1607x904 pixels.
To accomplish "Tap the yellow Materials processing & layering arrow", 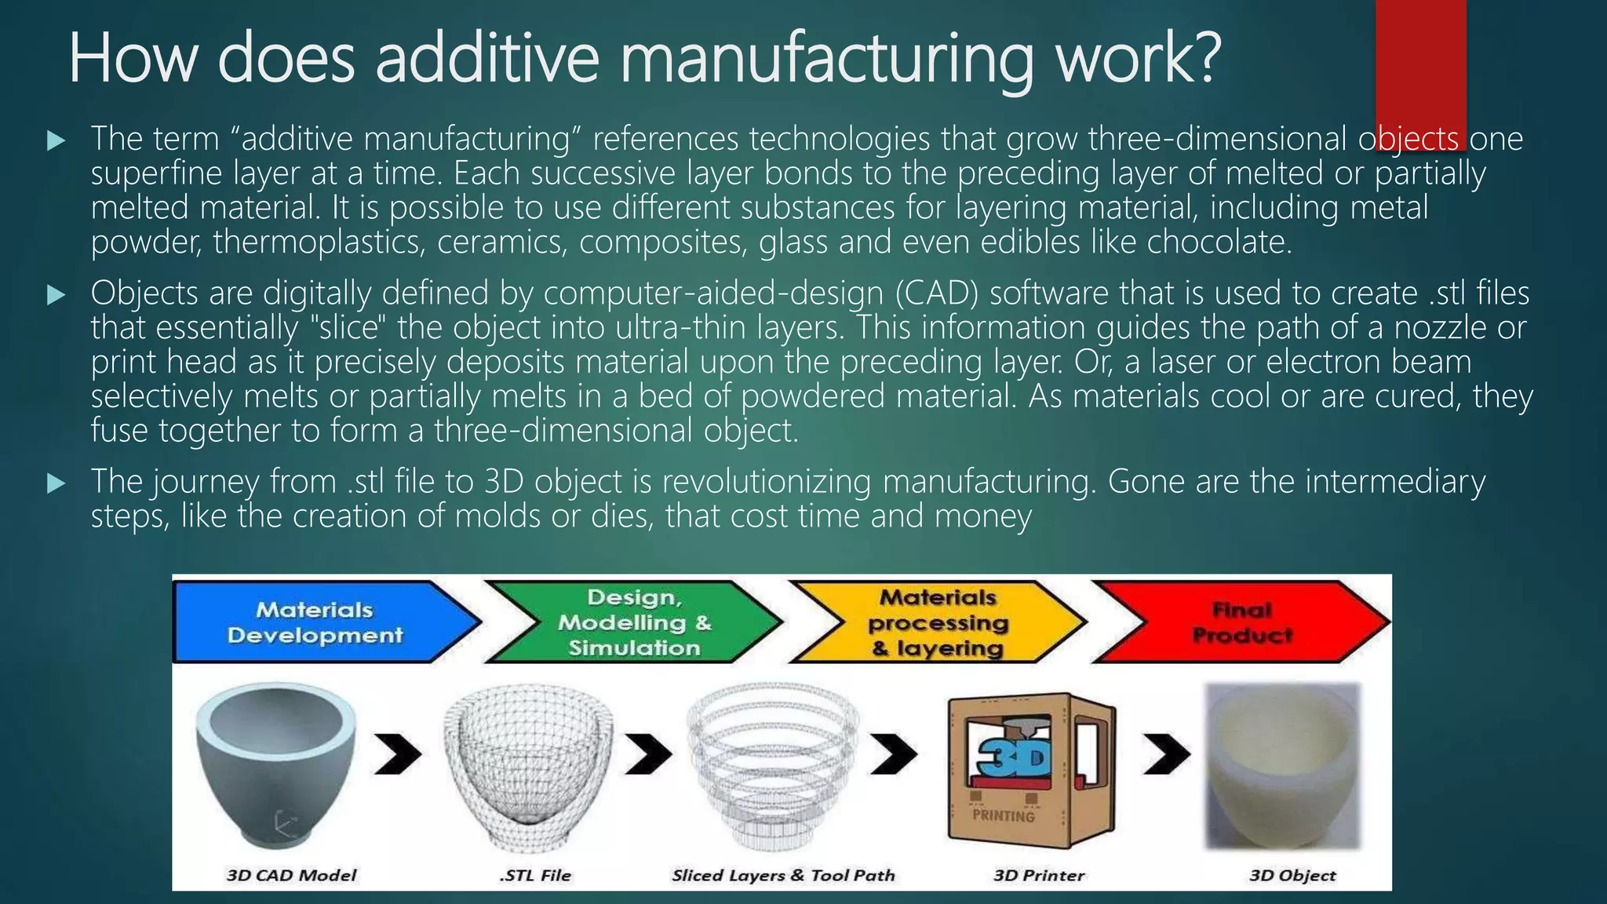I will [x=938, y=622].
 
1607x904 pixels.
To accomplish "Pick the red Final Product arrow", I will [x=1240, y=622].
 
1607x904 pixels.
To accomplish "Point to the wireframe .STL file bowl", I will [x=527, y=765].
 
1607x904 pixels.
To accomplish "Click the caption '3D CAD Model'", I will [x=291, y=875].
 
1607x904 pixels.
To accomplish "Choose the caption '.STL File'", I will [x=535, y=875].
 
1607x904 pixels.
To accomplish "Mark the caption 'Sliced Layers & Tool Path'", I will [x=783, y=875].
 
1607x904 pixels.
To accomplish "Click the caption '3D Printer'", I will [x=1038, y=875].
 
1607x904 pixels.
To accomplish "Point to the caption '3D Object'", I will [x=1292, y=875].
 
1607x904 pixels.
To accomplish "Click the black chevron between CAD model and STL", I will [x=397, y=755].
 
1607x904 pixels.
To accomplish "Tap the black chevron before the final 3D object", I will [x=1166, y=755].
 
